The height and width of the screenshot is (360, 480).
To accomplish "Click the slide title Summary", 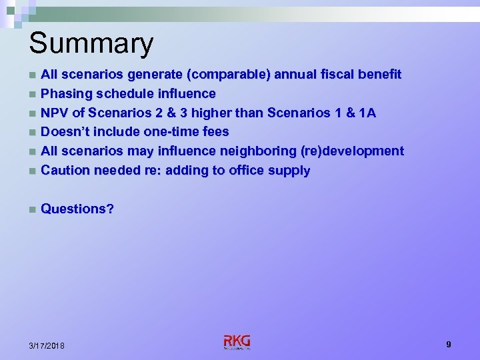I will [91, 44].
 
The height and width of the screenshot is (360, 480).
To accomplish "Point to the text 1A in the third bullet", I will [367, 113].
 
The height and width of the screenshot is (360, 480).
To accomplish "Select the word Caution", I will [65, 171].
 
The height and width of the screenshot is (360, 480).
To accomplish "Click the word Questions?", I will [77, 209].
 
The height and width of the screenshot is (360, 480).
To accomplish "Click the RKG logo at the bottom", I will [237, 342].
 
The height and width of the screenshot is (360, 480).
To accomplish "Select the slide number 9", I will [449, 345].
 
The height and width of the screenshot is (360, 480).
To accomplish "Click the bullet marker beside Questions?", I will [32, 209].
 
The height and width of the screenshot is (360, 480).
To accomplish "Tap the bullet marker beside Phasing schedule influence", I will [32, 94].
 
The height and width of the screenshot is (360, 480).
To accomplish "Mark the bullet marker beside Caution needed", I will [32, 171].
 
